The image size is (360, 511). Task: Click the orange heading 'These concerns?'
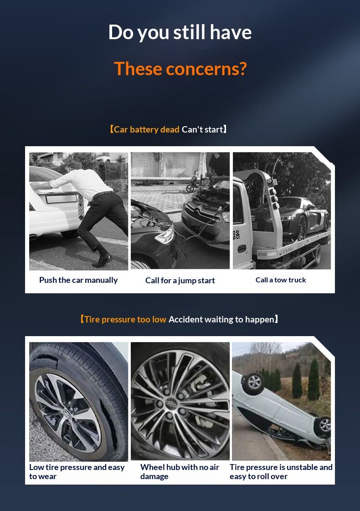tap(180, 69)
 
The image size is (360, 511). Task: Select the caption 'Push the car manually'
tap(78, 280)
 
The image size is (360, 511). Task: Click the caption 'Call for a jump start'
tap(180, 281)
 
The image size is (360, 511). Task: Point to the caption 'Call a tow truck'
tap(281, 280)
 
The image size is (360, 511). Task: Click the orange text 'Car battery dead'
tap(146, 129)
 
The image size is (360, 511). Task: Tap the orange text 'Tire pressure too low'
tap(125, 319)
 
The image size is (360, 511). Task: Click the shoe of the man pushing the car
tap(102, 260)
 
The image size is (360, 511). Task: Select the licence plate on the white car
tap(62, 199)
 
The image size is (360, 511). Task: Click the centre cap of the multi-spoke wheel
tap(170, 403)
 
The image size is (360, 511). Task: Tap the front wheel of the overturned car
tap(253, 382)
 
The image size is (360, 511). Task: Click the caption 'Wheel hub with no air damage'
tap(180, 471)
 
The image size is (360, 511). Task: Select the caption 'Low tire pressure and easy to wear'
tap(77, 471)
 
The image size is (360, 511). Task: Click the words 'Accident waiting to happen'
tap(221, 319)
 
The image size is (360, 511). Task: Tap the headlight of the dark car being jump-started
tap(165, 236)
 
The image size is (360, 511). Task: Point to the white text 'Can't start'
tap(202, 129)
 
